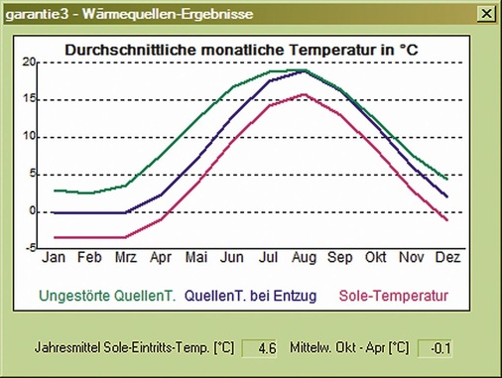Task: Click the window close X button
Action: point(484,14)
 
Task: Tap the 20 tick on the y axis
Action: point(30,63)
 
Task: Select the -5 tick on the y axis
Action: point(30,248)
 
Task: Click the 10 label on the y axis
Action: point(30,137)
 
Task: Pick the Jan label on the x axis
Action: point(55,258)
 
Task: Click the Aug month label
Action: point(304,258)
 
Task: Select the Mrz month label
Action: point(125,258)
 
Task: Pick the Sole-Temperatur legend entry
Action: point(394,295)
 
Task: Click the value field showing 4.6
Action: point(266,348)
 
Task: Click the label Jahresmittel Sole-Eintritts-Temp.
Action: point(134,348)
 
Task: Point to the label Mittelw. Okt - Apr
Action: point(349,348)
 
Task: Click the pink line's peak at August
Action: point(304,94)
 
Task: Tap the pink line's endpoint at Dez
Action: point(447,220)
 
